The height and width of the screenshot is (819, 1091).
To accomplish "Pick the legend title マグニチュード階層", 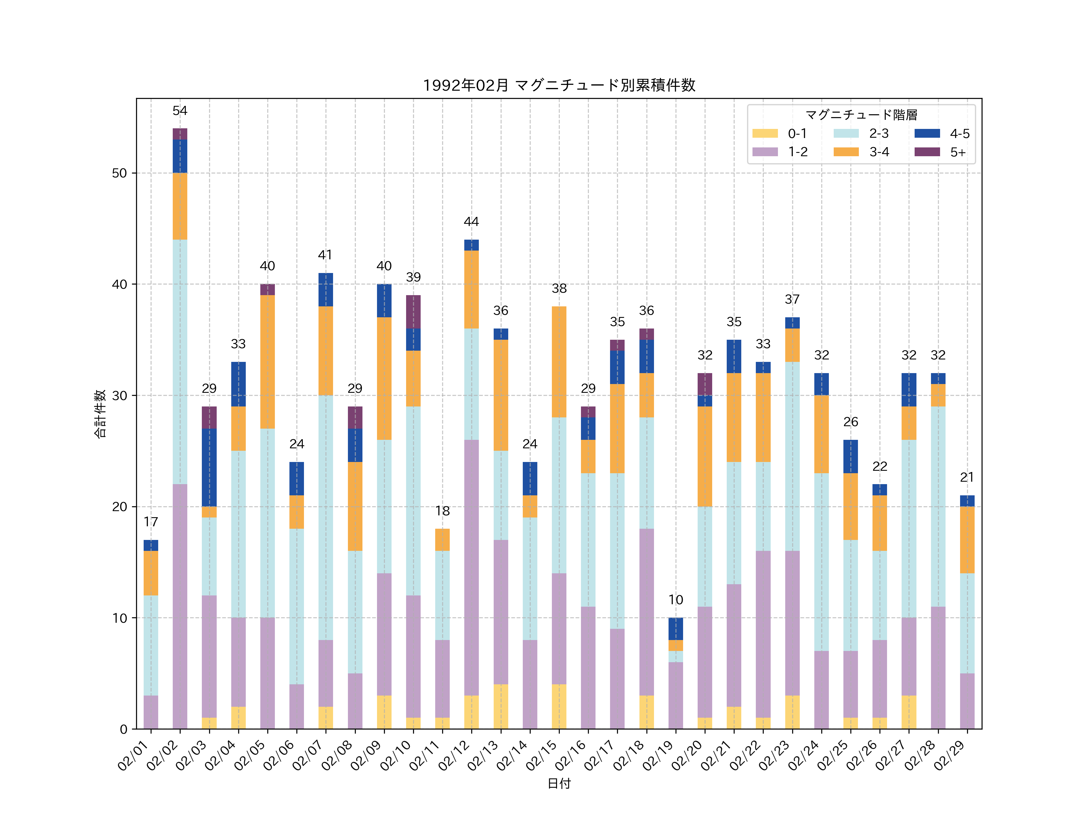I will click(861, 115).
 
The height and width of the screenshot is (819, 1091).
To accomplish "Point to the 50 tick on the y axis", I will click(119, 173).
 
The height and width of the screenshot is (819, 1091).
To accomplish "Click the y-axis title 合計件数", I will click(100, 414).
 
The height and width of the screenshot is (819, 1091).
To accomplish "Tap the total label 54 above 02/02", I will click(180, 111).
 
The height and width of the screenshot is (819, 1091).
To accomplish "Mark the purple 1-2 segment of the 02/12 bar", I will click(472, 568).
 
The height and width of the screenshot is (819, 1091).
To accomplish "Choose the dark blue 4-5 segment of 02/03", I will click(209, 467).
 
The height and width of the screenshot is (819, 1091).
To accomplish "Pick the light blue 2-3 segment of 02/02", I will click(180, 362).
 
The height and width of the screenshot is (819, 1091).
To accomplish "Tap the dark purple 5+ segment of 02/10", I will click(413, 312).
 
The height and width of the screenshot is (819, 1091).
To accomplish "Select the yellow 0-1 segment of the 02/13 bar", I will click(501, 706).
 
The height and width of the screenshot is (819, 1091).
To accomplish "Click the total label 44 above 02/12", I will click(472, 222).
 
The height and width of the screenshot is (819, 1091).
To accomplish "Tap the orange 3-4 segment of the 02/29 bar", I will click(967, 540).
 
